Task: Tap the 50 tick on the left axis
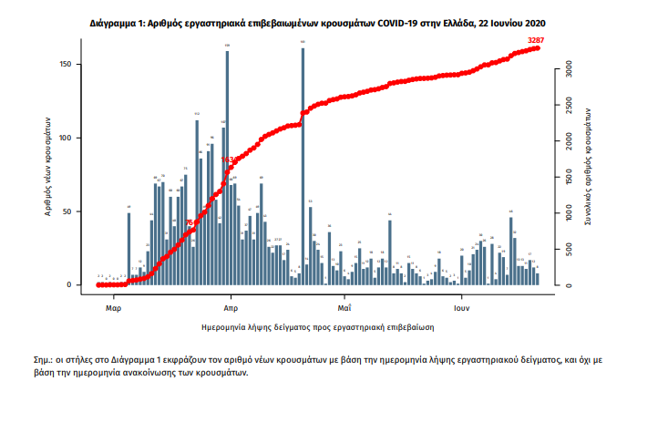pyautogui.click(x=78, y=211)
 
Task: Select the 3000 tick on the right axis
pyautogui.click(x=566, y=68)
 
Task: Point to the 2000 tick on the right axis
pyautogui.click(x=566, y=141)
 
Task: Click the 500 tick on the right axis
pyautogui.click(x=566, y=250)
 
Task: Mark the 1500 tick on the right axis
pyautogui.click(x=566, y=178)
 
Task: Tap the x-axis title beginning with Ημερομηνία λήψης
pyautogui.click(x=318, y=325)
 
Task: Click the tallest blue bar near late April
pyautogui.click(x=303, y=164)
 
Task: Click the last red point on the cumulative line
pyautogui.click(x=538, y=47)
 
